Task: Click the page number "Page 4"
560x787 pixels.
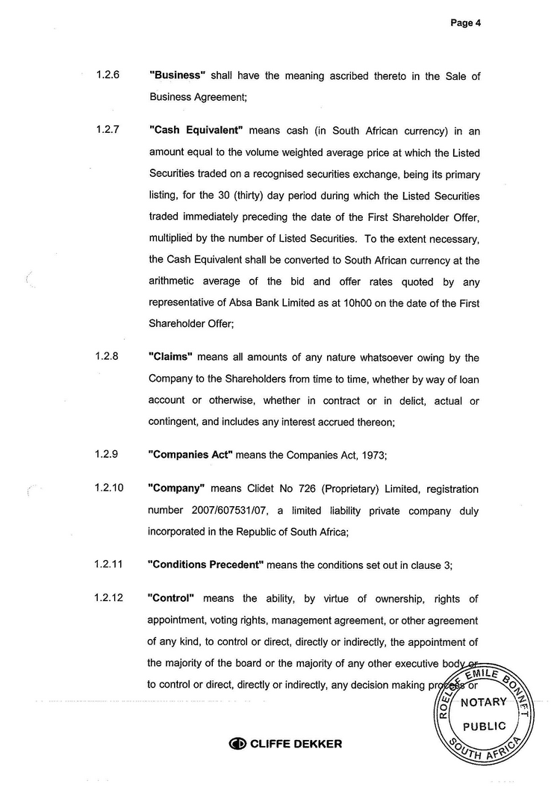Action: [465, 23]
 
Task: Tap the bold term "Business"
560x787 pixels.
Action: [178, 76]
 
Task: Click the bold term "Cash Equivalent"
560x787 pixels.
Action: [197, 131]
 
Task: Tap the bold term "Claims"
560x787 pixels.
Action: [171, 358]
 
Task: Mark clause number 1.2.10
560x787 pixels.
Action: [110, 488]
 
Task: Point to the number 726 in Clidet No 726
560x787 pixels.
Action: [323, 489]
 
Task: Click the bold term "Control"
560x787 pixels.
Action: [172, 599]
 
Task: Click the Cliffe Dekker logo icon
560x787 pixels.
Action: [237, 744]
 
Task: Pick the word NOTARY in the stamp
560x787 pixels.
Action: [483, 703]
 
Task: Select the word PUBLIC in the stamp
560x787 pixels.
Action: [485, 726]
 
